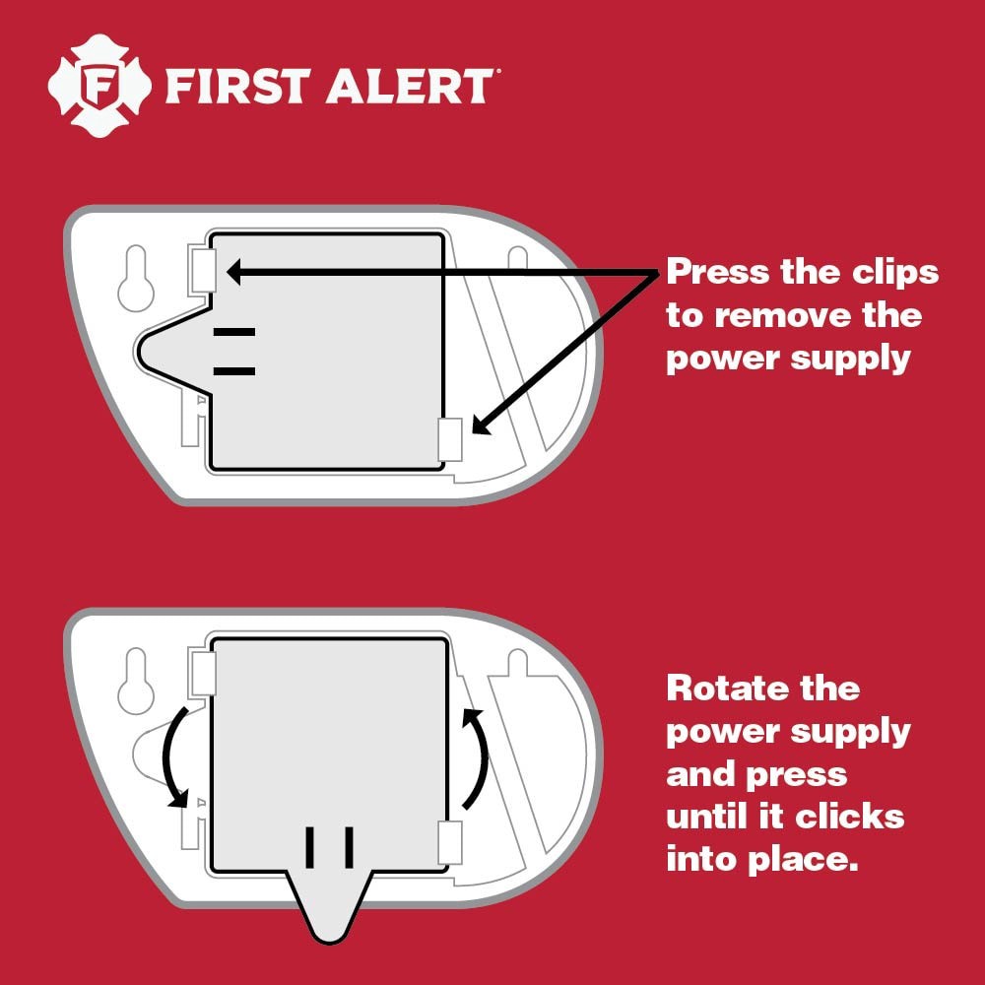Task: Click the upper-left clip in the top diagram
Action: [204, 270]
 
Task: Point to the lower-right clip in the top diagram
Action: [449, 438]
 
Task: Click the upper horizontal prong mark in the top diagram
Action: [233, 333]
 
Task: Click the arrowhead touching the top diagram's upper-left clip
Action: [235, 270]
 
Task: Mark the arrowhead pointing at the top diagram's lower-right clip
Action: [480, 425]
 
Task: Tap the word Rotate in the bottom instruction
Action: [725, 688]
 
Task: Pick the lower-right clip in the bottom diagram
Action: [449, 843]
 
